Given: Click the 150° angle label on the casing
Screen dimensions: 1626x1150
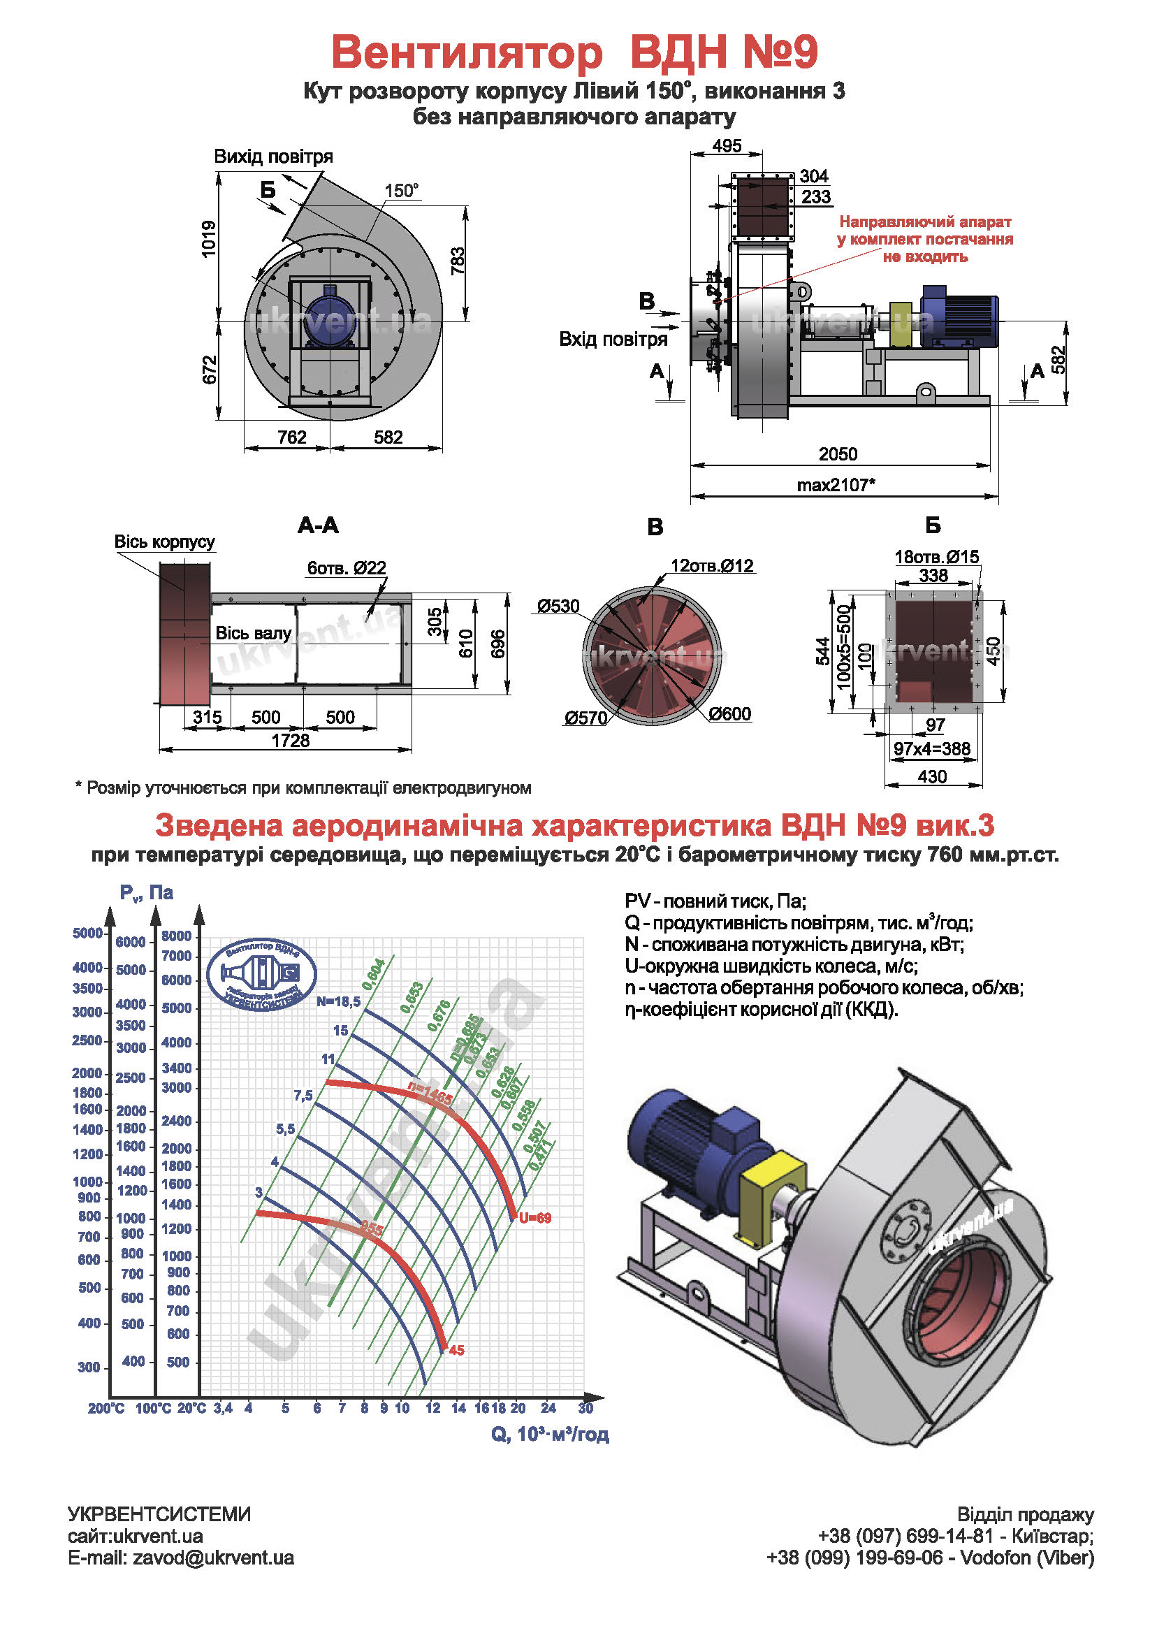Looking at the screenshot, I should click(402, 191).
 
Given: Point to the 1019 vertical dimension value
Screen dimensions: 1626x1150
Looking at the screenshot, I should click(209, 239).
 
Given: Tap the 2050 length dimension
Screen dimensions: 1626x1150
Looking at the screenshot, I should click(838, 454).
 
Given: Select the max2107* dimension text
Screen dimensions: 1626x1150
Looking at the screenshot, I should click(836, 485).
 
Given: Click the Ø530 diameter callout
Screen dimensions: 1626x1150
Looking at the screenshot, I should click(558, 607).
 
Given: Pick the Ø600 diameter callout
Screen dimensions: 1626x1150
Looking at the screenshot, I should click(729, 714).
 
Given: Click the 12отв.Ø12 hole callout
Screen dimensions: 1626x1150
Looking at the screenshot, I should click(713, 566).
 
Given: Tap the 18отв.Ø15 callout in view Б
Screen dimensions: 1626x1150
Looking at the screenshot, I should click(937, 557).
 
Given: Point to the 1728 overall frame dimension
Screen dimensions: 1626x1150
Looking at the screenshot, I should click(291, 741).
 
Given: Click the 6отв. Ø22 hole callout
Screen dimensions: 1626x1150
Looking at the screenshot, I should click(347, 568).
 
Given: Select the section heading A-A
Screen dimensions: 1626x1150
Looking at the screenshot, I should click(318, 525).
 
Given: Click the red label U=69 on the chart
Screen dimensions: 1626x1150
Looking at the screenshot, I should click(534, 1218).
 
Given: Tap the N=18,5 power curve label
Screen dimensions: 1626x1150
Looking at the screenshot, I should click(338, 1001).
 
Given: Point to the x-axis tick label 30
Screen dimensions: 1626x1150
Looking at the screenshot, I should click(585, 1408).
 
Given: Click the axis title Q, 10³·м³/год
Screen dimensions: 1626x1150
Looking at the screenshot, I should click(550, 1434).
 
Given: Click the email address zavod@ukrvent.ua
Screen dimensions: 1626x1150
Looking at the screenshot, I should click(180, 1558).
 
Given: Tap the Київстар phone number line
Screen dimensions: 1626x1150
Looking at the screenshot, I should click(955, 1536).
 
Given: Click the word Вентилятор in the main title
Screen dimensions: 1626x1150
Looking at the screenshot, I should click(467, 52).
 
